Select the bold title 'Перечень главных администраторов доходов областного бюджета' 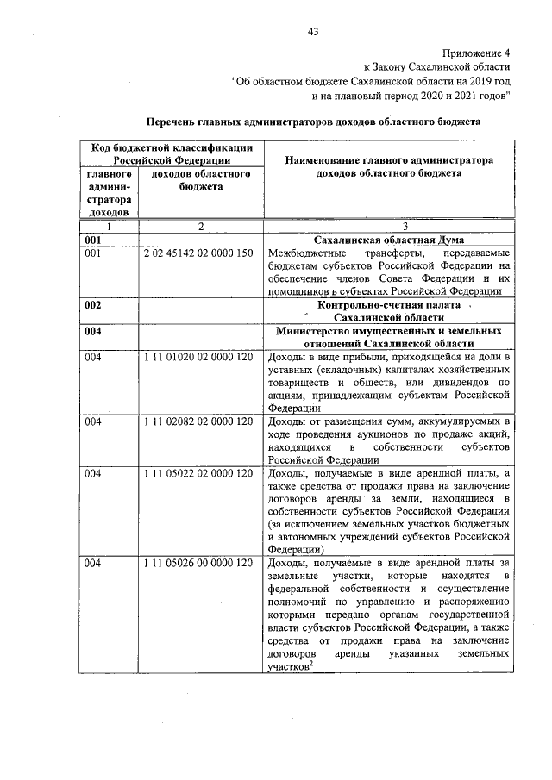[313, 122]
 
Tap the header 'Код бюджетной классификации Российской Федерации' [172, 153]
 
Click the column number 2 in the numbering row [199, 226]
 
